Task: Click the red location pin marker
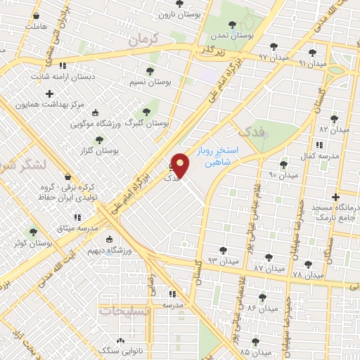181,165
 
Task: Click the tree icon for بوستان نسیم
149,71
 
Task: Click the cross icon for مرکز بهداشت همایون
49,93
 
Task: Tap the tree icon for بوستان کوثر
32,231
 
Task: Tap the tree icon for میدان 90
283,165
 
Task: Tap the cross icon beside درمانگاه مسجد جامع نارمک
335,197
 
